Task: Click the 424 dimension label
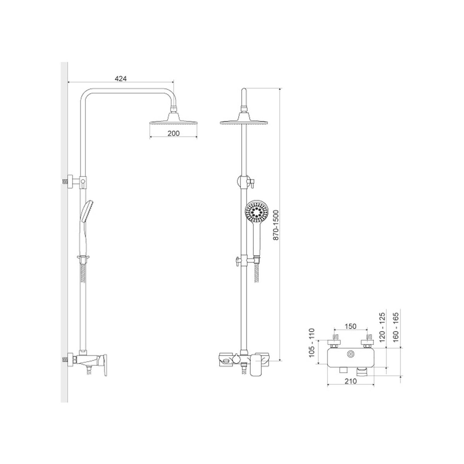120,78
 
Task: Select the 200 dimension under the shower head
173,133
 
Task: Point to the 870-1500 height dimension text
276,225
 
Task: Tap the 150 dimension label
350,326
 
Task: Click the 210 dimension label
351,381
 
